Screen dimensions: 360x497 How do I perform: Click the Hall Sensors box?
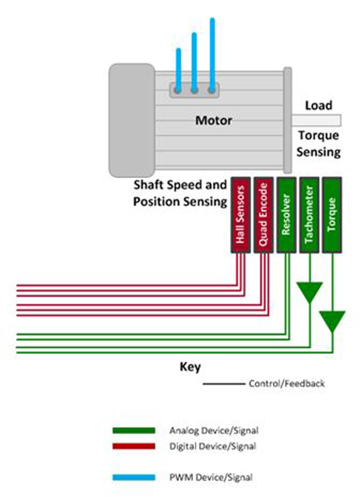click(x=241, y=215)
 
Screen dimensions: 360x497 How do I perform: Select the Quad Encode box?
click(x=264, y=215)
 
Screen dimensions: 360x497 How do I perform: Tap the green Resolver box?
click(x=286, y=215)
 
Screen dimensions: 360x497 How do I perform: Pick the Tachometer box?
click(x=309, y=215)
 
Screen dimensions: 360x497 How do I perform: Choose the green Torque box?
click(x=332, y=215)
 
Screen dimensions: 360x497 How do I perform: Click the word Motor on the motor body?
click(x=213, y=121)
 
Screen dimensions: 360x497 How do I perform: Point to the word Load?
click(x=319, y=106)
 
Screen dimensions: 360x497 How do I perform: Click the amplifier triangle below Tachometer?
click(x=310, y=291)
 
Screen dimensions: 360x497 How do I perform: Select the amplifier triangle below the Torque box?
click(x=332, y=320)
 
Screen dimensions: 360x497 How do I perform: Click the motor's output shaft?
click(x=316, y=121)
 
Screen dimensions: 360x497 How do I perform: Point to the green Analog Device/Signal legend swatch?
click(x=134, y=430)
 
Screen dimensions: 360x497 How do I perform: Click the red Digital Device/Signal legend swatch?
click(x=134, y=446)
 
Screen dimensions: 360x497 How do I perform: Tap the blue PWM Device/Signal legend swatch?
click(x=134, y=477)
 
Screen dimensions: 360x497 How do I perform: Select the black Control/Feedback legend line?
click(x=224, y=384)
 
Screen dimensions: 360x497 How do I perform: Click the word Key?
click(x=190, y=367)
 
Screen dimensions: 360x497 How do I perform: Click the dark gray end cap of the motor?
click(x=132, y=120)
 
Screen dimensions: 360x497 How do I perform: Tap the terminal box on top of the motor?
click(x=194, y=90)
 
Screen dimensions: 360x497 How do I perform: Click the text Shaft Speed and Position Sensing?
click(x=180, y=193)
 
